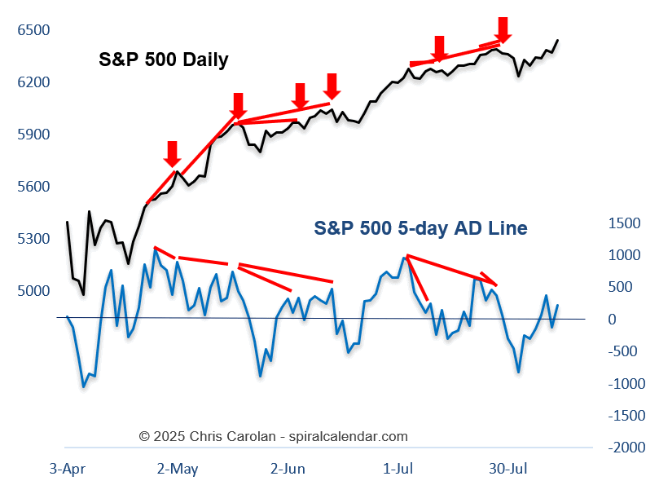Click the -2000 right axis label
click(625, 448)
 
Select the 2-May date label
click(178, 469)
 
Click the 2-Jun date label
click(288, 469)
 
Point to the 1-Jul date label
click(398, 469)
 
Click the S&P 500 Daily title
click(163, 60)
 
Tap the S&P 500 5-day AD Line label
click(420, 228)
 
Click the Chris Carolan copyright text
click(273, 436)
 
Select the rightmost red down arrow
click(503, 29)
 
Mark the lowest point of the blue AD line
click(83, 386)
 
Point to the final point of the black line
click(558, 40)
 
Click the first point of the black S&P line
click(67, 222)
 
